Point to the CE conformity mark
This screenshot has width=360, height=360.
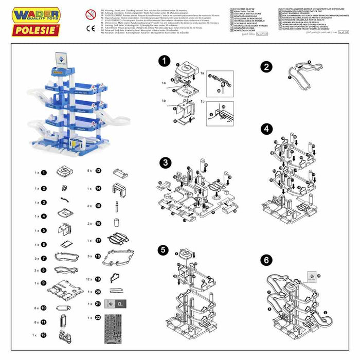[91, 28]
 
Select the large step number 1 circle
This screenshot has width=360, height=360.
[165, 62]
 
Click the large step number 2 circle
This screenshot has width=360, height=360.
[266, 67]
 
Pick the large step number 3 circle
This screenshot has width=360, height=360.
[165, 163]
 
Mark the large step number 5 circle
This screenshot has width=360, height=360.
[164, 250]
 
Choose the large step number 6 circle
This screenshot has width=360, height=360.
[266, 260]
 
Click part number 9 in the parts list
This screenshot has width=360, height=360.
[44, 283]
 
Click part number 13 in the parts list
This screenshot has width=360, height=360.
[98, 170]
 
